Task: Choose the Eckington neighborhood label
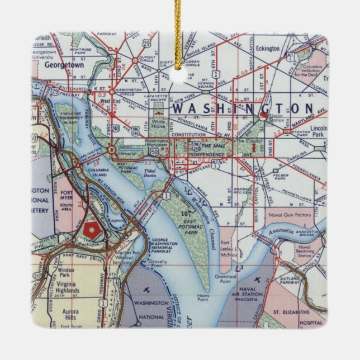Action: (x=267, y=49)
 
